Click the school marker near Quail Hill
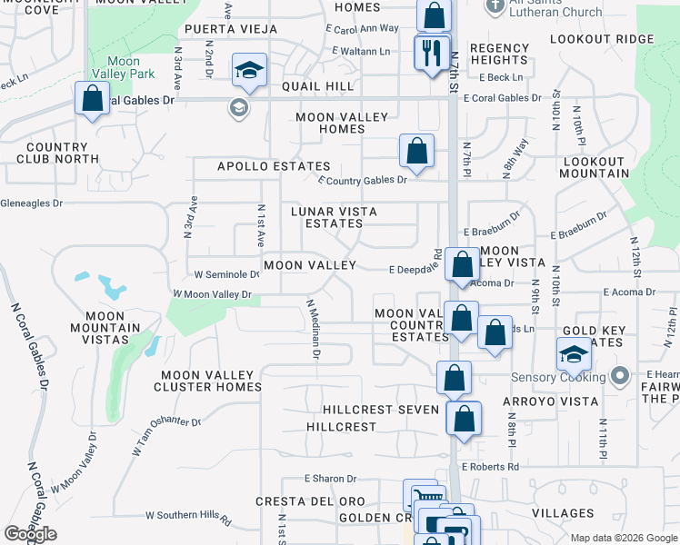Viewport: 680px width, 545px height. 248,71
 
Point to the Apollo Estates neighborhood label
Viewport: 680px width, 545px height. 259,167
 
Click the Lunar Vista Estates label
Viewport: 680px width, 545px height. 333,217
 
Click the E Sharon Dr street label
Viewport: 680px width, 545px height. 331,479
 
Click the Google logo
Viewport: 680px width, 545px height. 31,534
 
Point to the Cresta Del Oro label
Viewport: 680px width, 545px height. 310,501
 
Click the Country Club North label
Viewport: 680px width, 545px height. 57,153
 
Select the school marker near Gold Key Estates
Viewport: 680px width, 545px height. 574,354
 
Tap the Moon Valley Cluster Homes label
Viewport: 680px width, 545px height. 211,381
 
